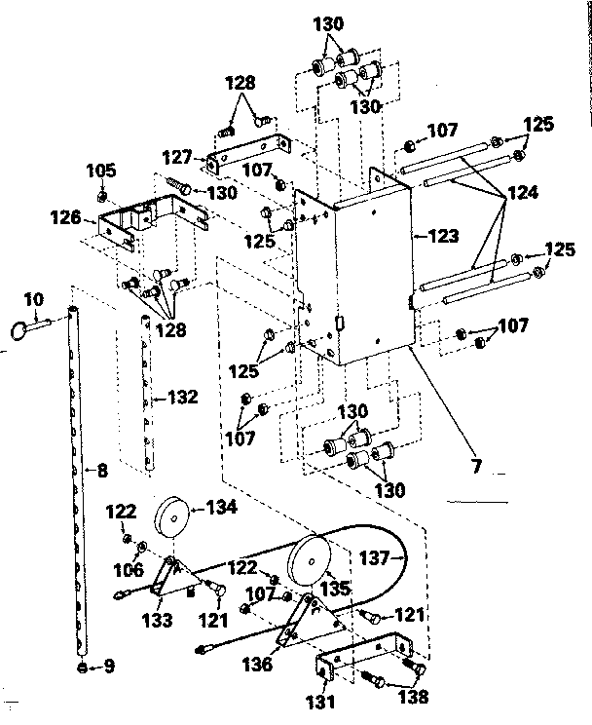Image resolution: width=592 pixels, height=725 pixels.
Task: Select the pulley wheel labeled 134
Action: [173, 516]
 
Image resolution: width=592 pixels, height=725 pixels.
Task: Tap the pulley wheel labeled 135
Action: [311, 557]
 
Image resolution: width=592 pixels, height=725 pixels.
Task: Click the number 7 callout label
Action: [477, 467]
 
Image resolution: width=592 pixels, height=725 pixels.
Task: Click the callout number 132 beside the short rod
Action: [183, 397]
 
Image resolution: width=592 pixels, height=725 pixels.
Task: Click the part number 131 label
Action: [322, 700]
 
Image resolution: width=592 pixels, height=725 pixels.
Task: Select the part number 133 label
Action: [157, 618]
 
